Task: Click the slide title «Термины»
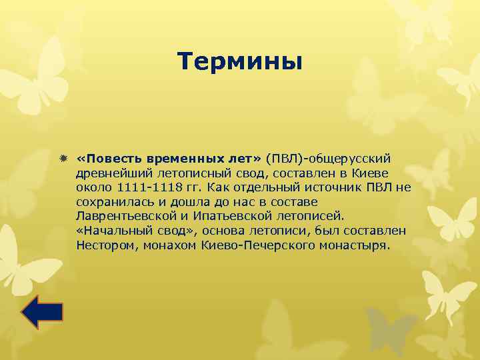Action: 240,62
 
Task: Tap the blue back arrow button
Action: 42,312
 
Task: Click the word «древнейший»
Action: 109,173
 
